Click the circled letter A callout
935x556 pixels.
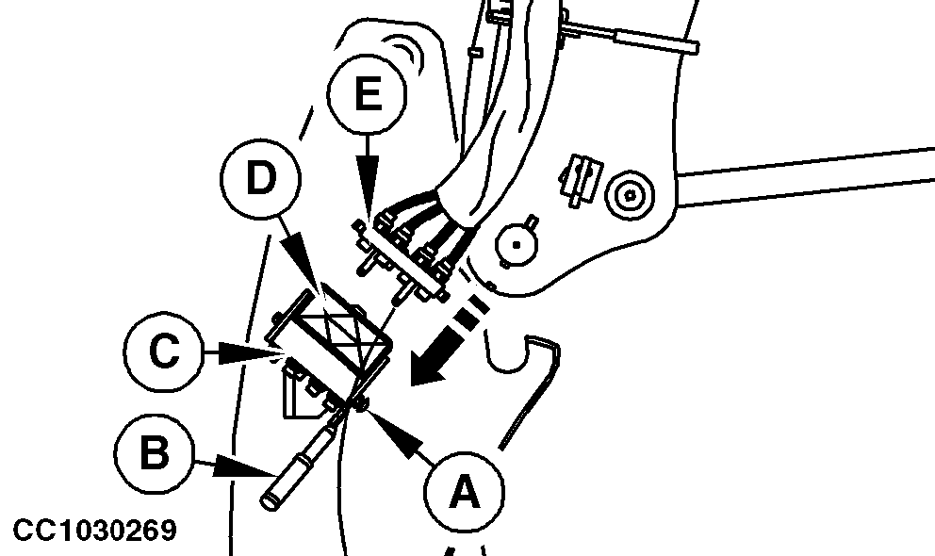pyautogui.click(x=464, y=492)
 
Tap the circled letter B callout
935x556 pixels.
pyautogui.click(x=154, y=453)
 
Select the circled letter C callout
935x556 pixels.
pyautogui.click(x=165, y=351)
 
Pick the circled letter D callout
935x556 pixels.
pyautogui.click(x=260, y=178)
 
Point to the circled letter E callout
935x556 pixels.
pyautogui.click(x=368, y=93)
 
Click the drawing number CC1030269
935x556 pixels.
pyautogui.click(x=95, y=531)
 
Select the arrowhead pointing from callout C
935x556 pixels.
pyautogui.click(x=248, y=352)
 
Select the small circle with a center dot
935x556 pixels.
pyautogui.click(x=517, y=244)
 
